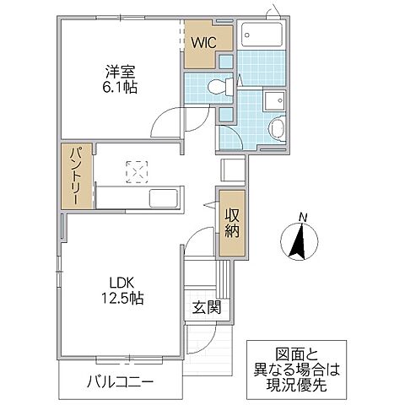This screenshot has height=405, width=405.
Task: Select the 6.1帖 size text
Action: point(119,87)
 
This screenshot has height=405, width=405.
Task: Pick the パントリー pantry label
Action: point(75,177)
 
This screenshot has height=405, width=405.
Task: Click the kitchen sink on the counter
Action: point(163,200)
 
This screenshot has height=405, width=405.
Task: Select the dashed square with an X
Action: point(135,170)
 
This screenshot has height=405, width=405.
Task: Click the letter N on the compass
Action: point(303,221)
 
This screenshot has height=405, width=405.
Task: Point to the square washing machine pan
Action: point(275,100)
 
